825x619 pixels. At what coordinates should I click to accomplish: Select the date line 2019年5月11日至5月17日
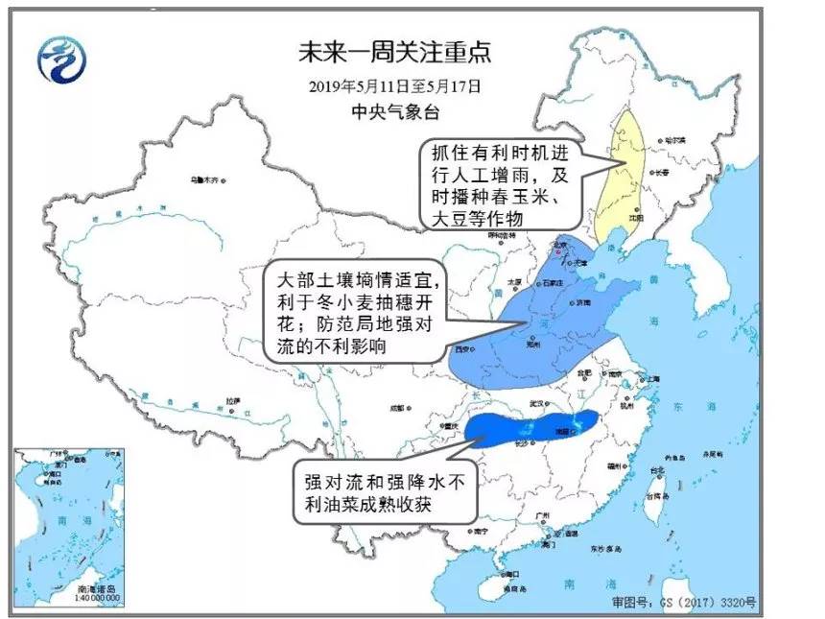tap(394, 86)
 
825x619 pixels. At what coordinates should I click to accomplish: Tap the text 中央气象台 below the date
tap(394, 112)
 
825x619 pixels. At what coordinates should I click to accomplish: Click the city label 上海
tap(653, 378)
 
